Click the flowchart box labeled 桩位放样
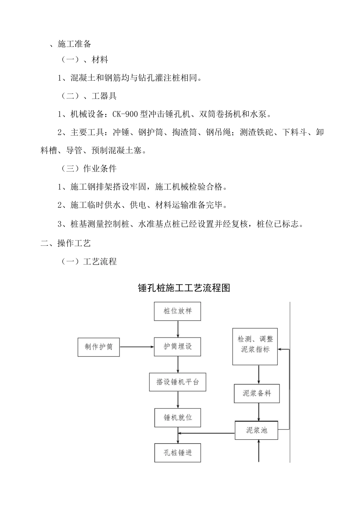[x=177, y=311]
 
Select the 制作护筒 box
[x=99, y=347]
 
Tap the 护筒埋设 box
[x=177, y=347]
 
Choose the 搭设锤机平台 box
[x=178, y=382]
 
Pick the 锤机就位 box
[x=177, y=418]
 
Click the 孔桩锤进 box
[x=177, y=453]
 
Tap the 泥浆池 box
[x=257, y=430]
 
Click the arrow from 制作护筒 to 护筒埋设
[x=137, y=347]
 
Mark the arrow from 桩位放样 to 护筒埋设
[x=177, y=329]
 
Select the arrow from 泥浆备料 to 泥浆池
[x=259, y=412]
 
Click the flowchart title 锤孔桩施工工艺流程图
[x=184, y=288]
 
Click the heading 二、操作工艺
[x=66, y=243]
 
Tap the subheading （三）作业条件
[x=89, y=169]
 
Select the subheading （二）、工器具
[x=89, y=96]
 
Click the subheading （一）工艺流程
[x=89, y=261]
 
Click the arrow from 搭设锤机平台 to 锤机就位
[x=178, y=400]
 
